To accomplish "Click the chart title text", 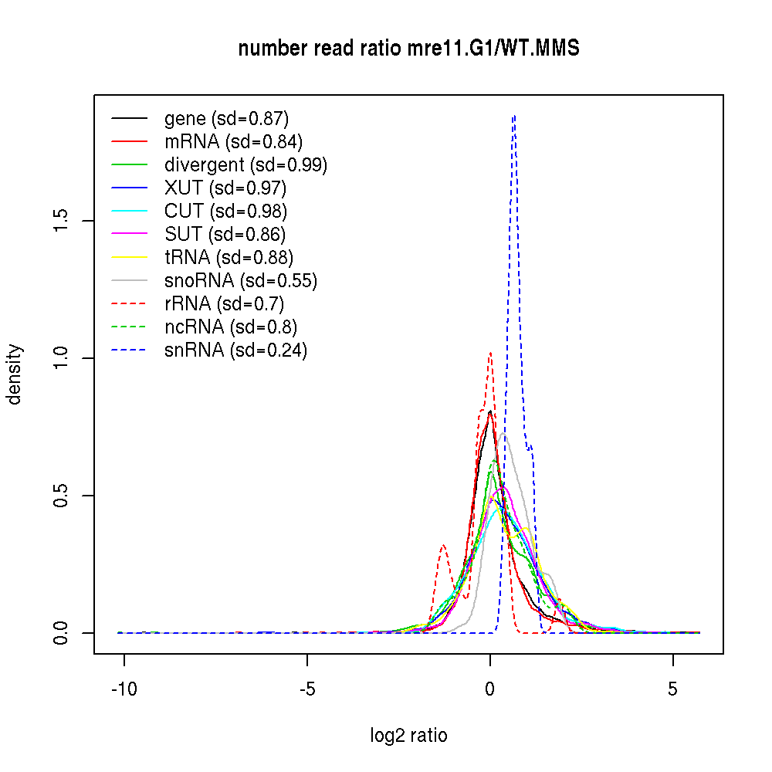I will pos(408,49).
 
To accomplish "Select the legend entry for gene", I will pos(226,119).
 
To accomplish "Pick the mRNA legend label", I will pos(233,142).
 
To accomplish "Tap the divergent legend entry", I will pos(245,165).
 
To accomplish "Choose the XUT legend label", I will pos(225,188).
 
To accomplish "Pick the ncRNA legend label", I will pos(231,327).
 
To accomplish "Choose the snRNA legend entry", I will pos(235,350).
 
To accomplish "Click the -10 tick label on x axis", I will pos(124,689).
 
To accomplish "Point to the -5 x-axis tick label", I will pos(306,689).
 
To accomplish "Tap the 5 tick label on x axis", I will pos(672,689).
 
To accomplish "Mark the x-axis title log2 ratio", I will pos(408,736).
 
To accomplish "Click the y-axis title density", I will pos(15,374).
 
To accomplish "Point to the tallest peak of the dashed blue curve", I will pos(513,116).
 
